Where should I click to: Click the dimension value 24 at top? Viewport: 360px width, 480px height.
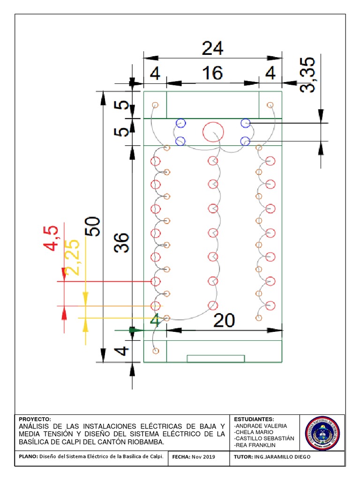coord(212,48)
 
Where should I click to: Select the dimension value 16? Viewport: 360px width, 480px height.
coord(212,74)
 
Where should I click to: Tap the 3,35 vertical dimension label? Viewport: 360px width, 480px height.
coord(308,75)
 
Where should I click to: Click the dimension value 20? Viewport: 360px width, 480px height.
coord(224,321)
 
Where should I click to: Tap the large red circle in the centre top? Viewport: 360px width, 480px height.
coord(212,132)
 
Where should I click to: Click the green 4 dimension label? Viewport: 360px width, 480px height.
coord(155,321)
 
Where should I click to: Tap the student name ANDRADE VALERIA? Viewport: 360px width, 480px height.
coord(260,426)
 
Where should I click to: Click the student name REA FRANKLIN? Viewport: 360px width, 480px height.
coord(255,445)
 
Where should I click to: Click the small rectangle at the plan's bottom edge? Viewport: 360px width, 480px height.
coord(216,359)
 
